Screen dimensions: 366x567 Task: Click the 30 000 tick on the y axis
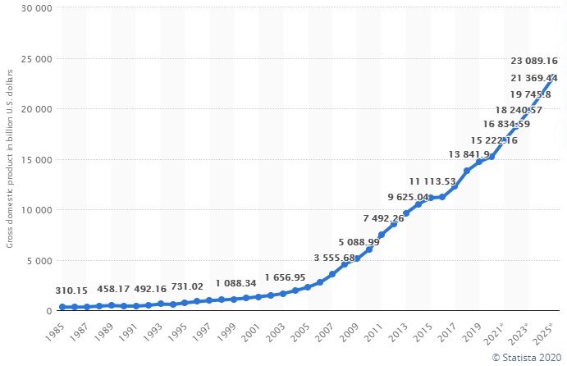coord(34,8)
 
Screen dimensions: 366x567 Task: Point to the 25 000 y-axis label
coord(34,59)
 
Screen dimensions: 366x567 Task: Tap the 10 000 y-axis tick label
coord(34,210)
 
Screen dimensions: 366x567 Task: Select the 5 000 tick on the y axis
coord(38,261)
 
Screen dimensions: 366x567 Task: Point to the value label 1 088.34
coord(238,283)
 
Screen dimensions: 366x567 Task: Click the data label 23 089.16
coord(533,61)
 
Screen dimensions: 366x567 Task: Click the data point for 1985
coord(62,307)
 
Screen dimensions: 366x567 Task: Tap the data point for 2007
coord(332,274)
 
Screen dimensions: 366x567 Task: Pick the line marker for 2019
coord(479,162)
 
